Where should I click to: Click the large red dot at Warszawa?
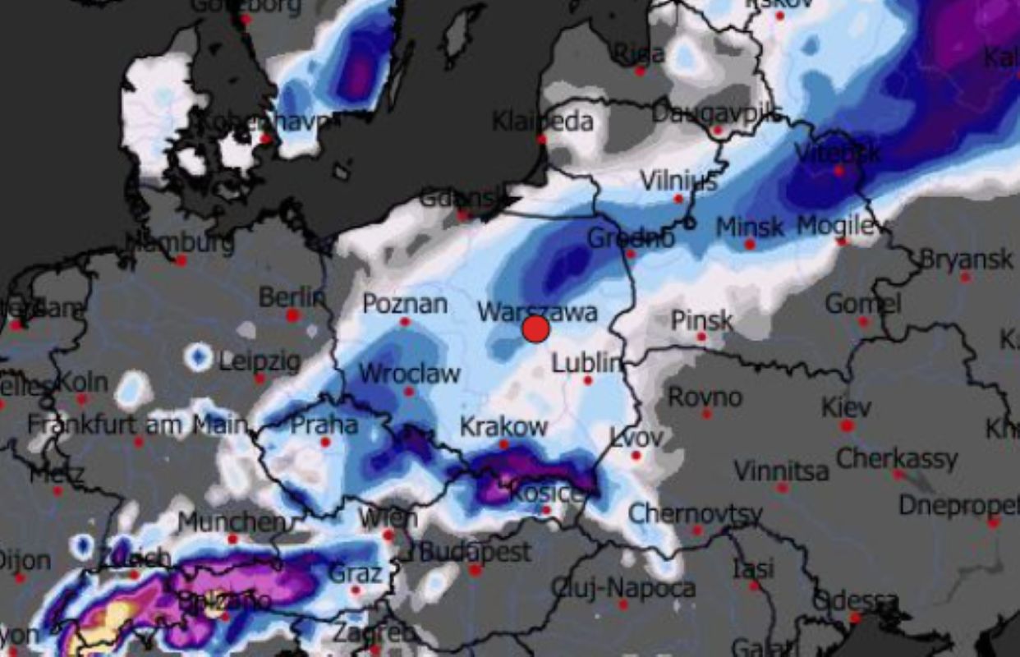pyautogui.click(x=535, y=328)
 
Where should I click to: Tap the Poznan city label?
pyautogui.click(x=405, y=304)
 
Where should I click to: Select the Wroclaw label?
pyautogui.click(x=409, y=374)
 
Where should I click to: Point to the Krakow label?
pyautogui.click(x=503, y=427)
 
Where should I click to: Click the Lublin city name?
pyautogui.click(x=587, y=362)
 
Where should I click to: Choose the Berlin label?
pyautogui.click(x=292, y=296)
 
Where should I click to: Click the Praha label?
pyautogui.click(x=324, y=425)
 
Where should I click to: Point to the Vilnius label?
pyautogui.click(x=678, y=181)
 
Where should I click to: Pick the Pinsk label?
pyautogui.click(x=701, y=319)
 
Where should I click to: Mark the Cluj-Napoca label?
pyautogui.click(x=623, y=588)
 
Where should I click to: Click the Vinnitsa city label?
pyautogui.click(x=781, y=471)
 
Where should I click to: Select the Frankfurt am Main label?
pyautogui.click(x=137, y=425)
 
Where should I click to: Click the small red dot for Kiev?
pyautogui.click(x=847, y=425)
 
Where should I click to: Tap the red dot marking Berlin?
pyautogui.click(x=292, y=315)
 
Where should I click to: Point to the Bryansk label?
pyautogui.click(x=966, y=260)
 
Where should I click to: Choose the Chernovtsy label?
pyautogui.click(x=695, y=514)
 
